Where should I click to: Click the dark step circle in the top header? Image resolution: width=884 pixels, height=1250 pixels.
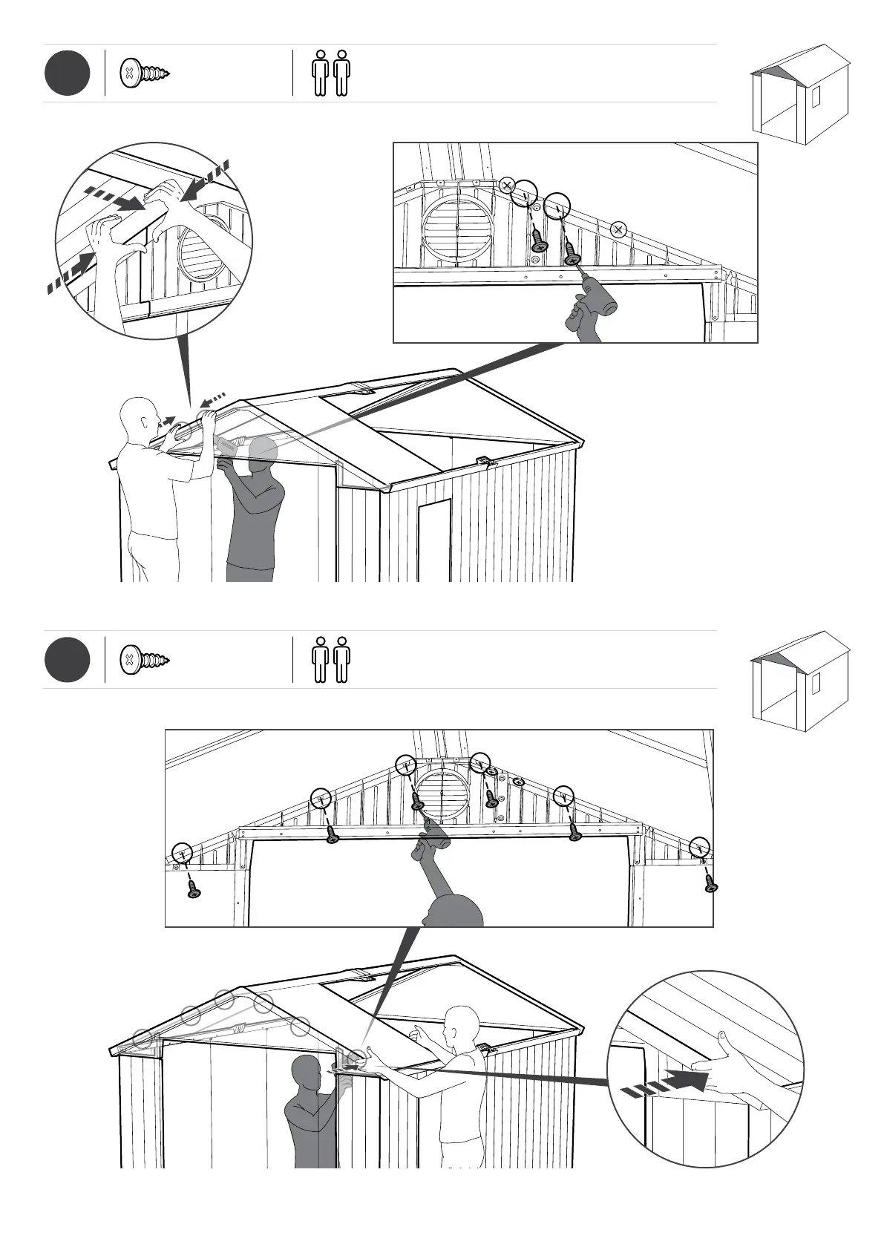point(67,73)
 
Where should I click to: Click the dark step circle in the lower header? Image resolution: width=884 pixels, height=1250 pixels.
point(67,659)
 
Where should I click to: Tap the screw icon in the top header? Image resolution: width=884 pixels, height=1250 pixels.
point(145,73)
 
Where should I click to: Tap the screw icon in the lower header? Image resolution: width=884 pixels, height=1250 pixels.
point(145,659)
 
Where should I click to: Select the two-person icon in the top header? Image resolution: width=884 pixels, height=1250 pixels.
point(331,73)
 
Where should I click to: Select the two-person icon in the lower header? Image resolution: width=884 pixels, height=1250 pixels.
point(331,659)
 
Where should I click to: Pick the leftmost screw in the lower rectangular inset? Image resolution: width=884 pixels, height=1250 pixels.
point(194,889)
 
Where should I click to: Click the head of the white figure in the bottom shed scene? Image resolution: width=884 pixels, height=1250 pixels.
point(460,1024)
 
